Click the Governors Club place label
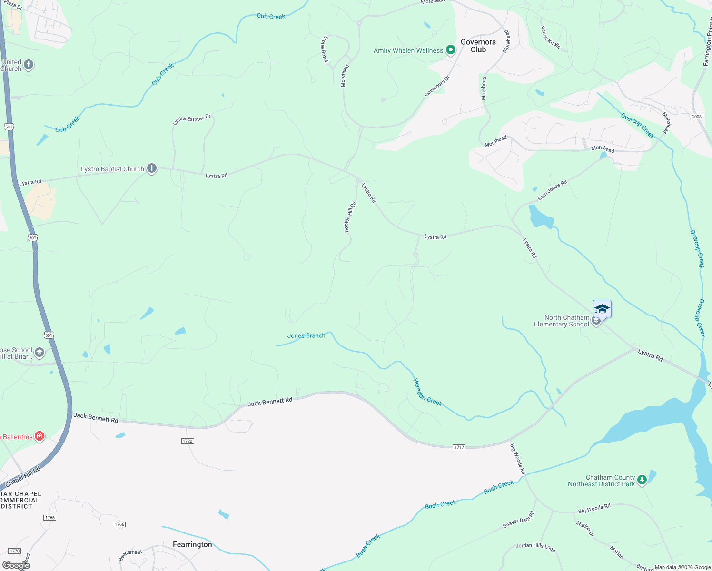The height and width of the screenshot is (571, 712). [x=478, y=46]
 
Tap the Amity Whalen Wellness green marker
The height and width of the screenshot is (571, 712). [x=450, y=50]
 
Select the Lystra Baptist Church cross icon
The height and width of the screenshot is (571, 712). [x=152, y=168]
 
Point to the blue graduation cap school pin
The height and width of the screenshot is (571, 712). [x=602, y=309]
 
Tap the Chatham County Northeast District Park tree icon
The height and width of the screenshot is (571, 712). [x=642, y=480]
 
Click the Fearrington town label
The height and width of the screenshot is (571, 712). [x=192, y=544]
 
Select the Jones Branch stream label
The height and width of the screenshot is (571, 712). [x=306, y=335]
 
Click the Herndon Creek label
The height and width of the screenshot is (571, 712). [x=427, y=393]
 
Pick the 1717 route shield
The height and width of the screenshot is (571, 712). [x=459, y=447]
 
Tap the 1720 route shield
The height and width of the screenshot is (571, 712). [x=188, y=441]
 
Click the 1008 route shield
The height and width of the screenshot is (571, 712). [x=697, y=117]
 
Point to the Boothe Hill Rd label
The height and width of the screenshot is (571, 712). [x=350, y=217]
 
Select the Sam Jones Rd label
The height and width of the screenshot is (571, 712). [x=552, y=190]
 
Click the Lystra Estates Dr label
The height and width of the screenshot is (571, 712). [x=191, y=119]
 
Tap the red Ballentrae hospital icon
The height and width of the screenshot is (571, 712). [x=40, y=436]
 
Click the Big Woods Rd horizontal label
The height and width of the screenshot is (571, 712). [x=594, y=509]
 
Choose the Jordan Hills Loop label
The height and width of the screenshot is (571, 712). [x=535, y=547]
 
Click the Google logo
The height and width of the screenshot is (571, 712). [x=16, y=565]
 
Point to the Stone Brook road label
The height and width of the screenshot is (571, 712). [x=325, y=49]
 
